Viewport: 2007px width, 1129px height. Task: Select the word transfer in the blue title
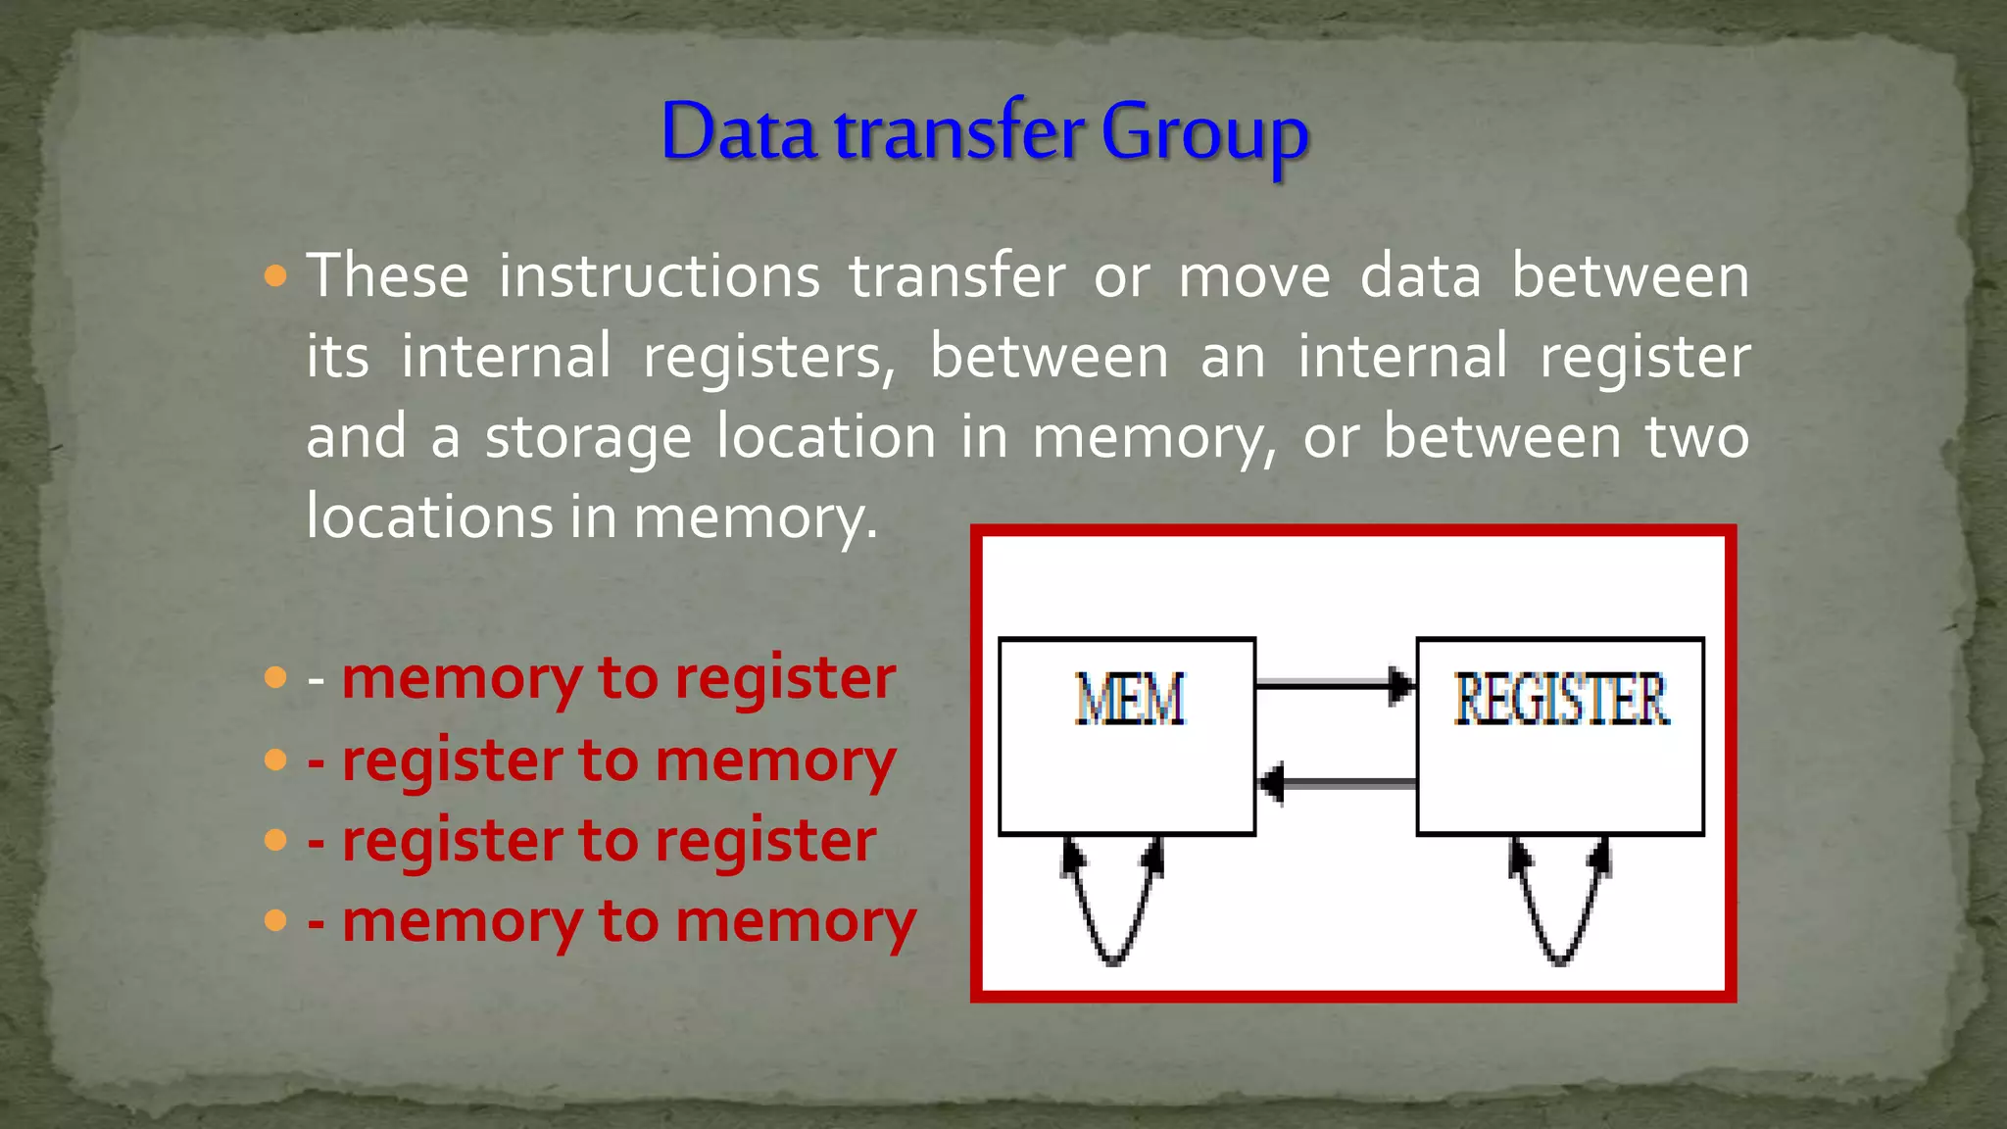click(959, 131)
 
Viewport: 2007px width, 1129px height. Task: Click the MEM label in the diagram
click(1130, 700)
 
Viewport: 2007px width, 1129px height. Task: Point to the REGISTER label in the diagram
click(1560, 700)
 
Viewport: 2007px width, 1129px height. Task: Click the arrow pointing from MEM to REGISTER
click(1335, 684)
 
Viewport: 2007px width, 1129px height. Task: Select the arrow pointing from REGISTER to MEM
click(1337, 783)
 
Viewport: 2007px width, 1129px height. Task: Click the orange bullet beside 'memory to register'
click(275, 677)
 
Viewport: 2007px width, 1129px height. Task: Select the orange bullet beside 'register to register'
click(275, 840)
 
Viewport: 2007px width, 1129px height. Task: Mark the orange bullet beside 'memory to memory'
click(275, 920)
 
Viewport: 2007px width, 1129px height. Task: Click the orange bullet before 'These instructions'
click(275, 275)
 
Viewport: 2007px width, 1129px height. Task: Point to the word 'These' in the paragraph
click(388, 276)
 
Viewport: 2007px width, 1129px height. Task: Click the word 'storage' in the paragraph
click(588, 437)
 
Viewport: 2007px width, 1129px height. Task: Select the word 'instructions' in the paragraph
click(660, 276)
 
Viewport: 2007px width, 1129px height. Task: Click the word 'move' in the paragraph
click(1254, 276)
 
